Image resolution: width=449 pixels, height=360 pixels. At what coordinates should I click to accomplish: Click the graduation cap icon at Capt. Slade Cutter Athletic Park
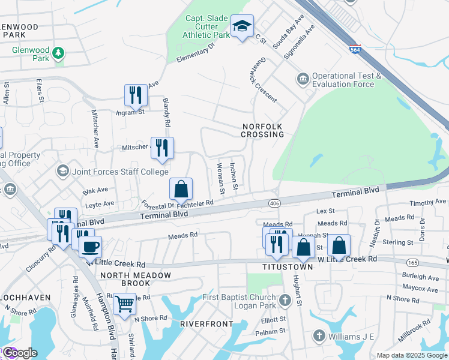[242, 26]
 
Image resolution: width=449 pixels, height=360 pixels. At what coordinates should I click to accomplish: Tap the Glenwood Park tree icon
[58, 53]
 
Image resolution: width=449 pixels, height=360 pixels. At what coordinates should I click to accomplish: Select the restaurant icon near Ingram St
[136, 95]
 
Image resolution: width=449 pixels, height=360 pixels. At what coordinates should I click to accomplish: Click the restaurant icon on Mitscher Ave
[161, 148]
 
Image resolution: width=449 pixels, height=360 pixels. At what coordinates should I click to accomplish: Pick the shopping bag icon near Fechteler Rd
[181, 189]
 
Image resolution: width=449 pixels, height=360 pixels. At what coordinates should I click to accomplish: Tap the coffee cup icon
[90, 246]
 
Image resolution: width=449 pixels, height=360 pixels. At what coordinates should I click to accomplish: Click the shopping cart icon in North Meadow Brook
[124, 304]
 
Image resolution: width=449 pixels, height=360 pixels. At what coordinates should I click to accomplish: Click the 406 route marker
[274, 204]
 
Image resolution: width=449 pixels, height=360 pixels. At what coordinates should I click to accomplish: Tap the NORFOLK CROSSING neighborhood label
[263, 130]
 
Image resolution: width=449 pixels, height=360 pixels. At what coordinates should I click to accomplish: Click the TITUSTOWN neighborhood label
[288, 267]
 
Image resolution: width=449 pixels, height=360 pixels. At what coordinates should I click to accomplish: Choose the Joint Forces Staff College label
[111, 172]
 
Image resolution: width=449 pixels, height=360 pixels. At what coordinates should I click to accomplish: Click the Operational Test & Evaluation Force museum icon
[302, 79]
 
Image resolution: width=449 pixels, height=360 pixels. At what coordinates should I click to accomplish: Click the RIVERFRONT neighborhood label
[206, 324]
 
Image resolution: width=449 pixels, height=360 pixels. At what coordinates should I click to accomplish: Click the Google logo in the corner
[20, 353]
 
